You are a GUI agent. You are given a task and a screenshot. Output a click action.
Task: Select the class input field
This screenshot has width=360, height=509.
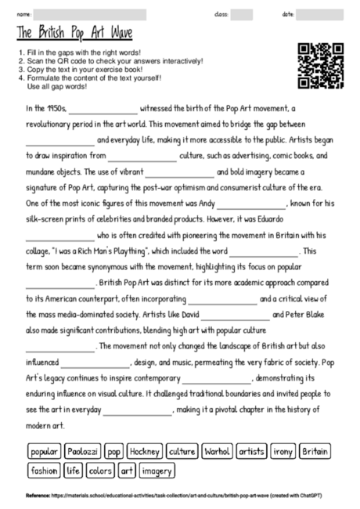click(x=242, y=14)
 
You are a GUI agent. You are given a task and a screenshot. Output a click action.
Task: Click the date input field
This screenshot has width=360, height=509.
click(x=321, y=14)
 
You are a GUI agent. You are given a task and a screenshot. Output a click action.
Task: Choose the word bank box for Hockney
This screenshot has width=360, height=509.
click(x=145, y=452)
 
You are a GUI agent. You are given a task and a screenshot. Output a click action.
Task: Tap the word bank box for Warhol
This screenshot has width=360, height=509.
click(x=216, y=452)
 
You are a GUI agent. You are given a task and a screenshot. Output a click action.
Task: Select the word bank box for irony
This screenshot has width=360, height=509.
click(x=283, y=452)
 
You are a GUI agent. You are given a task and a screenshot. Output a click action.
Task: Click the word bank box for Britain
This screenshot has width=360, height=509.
click(x=315, y=452)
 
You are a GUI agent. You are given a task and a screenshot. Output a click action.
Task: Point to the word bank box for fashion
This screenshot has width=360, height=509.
click(x=44, y=471)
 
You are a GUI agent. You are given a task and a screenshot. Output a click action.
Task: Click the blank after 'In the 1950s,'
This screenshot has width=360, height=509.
click(x=103, y=110)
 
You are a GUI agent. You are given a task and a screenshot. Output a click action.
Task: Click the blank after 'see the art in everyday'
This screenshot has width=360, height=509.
click(x=138, y=411)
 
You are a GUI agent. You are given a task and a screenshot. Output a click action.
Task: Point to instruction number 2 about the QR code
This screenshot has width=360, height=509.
click(x=110, y=60)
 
